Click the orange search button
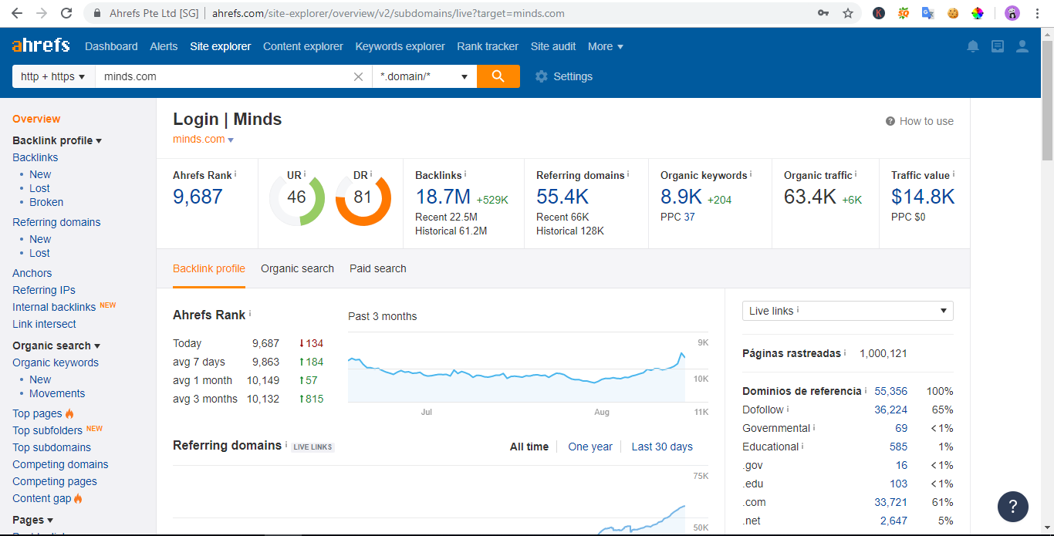pyautogui.click(x=498, y=76)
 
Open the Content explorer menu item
pyautogui.click(x=302, y=46)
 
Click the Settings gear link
pyautogui.click(x=564, y=76)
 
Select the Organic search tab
pyautogui.click(x=297, y=268)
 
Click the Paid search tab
pyautogui.click(x=377, y=268)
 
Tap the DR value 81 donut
pyautogui.click(x=363, y=197)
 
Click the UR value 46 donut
pyautogui.click(x=296, y=197)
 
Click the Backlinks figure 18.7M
pyautogui.click(x=443, y=197)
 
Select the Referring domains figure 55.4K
pyautogui.click(x=562, y=197)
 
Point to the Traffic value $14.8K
pyautogui.click(x=923, y=197)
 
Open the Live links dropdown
pyautogui.click(x=847, y=311)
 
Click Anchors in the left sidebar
pyautogui.click(x=32, y=273)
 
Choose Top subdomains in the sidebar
pyautogui.click(x=52, y=447)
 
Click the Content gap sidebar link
pyautogui.click(x=42, y=498)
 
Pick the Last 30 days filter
pyautogui.click(x=661, y=447)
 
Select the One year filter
pyautogui.click(x=589, y=447)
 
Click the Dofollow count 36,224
pyautogui.click(x=890, y=410)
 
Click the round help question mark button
pyautogui.click(x=1012, y=507)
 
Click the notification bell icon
pyautogui.click(x=973, y=46)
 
